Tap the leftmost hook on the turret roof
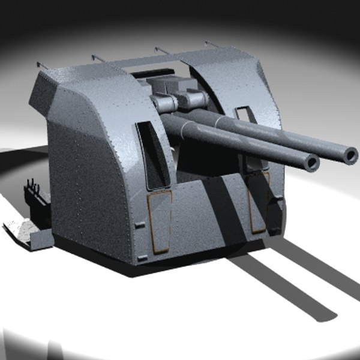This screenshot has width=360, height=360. coord(41,64)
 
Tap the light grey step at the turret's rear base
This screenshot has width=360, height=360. coord(24,231)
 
